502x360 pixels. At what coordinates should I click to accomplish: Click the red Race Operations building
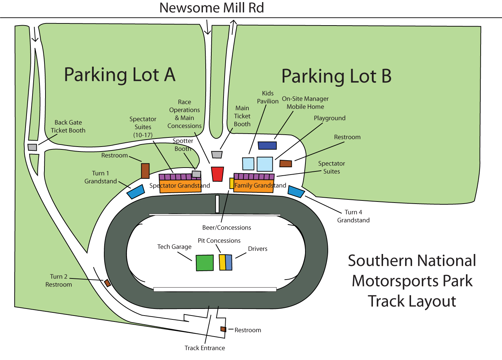click(x=217, y=174)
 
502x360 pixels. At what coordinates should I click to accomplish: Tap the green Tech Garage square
click(x=204, y=263)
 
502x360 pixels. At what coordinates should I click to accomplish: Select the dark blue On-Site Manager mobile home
click(x=267, y=145)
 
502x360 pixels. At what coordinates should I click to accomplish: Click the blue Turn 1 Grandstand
click(x=136, y=192)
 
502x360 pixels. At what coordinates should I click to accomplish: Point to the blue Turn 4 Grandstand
click(x=296, y=191)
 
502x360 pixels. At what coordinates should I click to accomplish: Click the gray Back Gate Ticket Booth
click(x=32, y=147)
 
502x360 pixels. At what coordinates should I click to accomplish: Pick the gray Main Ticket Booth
click(x=217, y=154)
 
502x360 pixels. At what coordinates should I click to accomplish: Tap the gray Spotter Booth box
click(x=197, y=174)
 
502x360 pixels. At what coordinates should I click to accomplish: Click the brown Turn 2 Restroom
click(x=107, y=283)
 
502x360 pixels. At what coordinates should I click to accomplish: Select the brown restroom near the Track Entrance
click(x=223, y=329)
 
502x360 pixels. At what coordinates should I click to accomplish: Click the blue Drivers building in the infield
click(x=229, y=262)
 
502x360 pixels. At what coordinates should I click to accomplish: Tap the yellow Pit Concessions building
click(x=222, y=262)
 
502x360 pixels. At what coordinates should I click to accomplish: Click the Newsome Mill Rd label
click(x=211, y=8)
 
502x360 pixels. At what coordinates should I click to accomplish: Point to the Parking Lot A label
click(x=120, y=75)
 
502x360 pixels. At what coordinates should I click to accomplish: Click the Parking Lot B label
click(x=336, y=76)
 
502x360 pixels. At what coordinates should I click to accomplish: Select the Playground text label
click(x=330, y=118)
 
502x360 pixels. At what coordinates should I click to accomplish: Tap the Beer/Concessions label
click(x=227, y=228)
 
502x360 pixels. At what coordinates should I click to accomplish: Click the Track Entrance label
click(x=205, y=348)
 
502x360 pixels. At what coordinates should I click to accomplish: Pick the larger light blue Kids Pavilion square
click(x=264, y=164)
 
